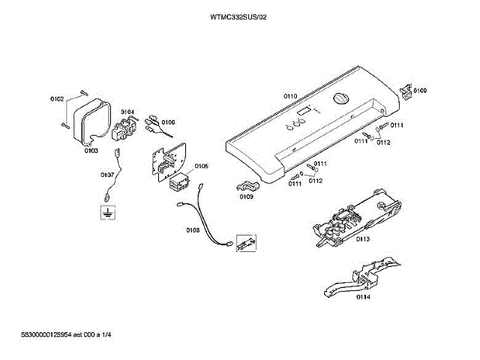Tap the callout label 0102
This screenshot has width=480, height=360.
(58, 98)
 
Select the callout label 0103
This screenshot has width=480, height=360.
(91, 150)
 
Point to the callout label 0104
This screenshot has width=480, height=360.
(127, 112)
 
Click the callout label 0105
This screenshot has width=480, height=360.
(201, 166)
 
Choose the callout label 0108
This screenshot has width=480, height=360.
(192, 230)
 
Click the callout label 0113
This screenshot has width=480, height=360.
(363, 239)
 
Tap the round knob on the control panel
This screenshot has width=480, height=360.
(340, 101)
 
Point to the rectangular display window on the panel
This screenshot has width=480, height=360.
(304, 112)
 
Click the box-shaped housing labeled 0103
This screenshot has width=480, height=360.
(94, 118)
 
